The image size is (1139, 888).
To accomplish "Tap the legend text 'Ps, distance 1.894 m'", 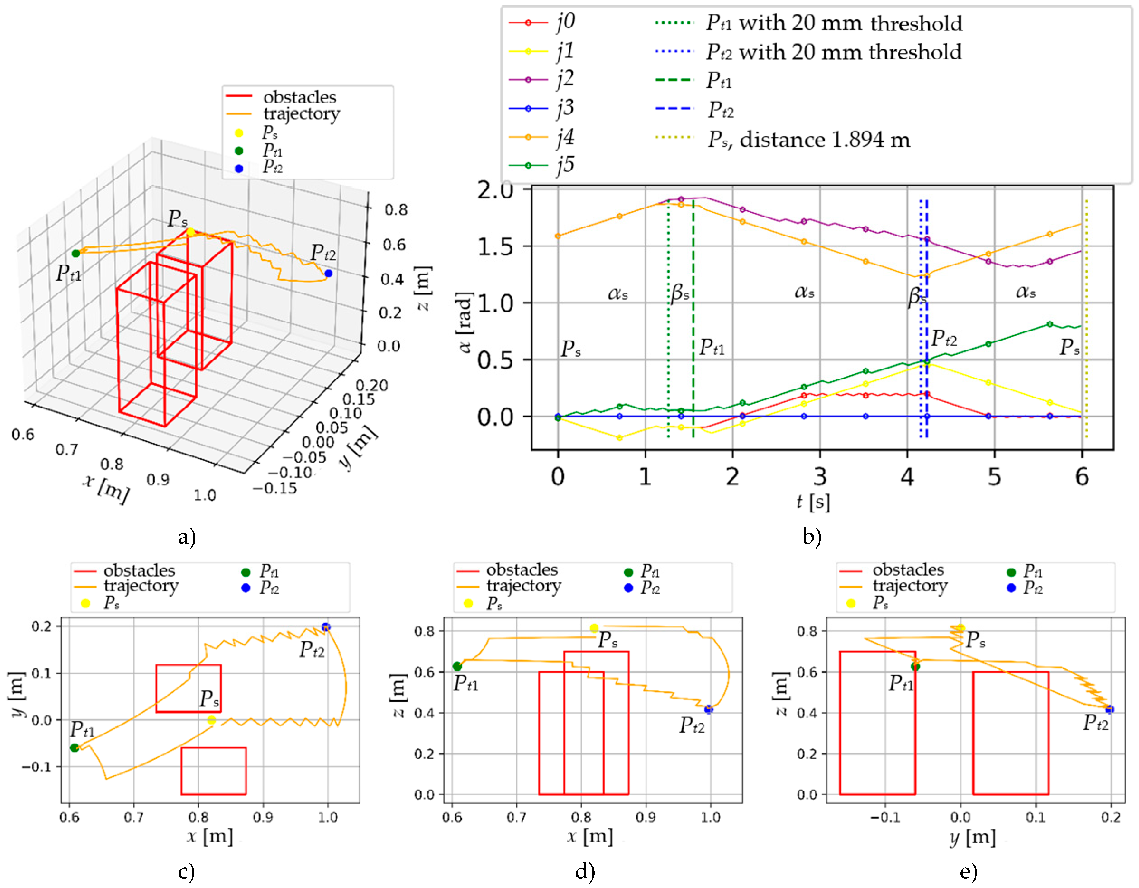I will point(808,139).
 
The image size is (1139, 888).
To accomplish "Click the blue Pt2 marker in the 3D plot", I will point(328,273).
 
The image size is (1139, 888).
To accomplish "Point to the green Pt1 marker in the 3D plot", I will point(76,253).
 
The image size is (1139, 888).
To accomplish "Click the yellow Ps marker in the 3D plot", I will point(190,232).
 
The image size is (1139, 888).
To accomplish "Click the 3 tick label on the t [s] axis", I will point(820,476).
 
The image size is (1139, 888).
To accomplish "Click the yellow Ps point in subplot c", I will point(211,720).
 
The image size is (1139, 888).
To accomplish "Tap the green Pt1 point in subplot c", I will point(75,748).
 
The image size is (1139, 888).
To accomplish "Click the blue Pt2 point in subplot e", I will point(1109,709).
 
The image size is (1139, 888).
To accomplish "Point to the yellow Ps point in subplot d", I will point(594,628).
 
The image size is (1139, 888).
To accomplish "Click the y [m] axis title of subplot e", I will point(972,837).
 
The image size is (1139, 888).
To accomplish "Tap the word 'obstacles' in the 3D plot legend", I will point(300,97).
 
